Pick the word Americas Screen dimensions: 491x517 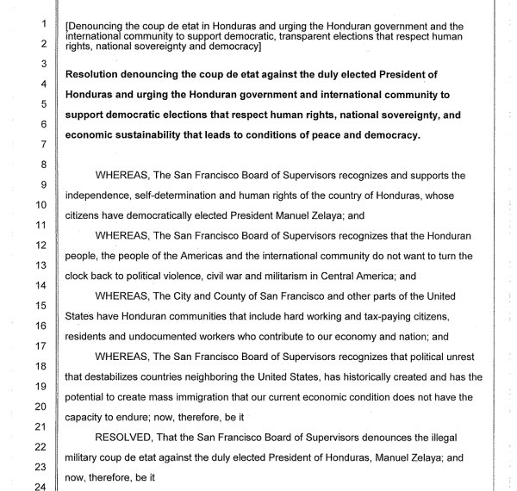pyautogui.click(x=198, y=256)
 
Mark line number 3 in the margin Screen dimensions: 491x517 pyautogui.click(x=41, y=64)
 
